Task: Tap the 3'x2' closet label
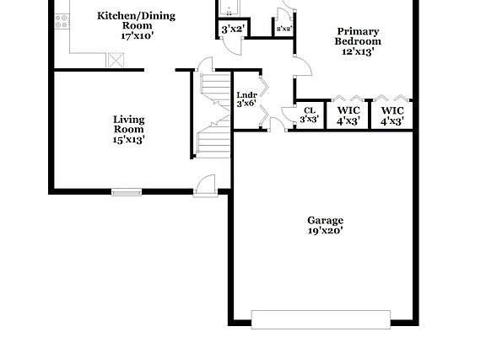pyautogui.click(x=233, y=29)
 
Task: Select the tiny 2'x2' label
pyautogui.click(x=284, y=29)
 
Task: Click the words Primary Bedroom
pyautogui.click(x=358, y=36)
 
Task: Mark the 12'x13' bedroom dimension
pyautogui.click(x=358, y=51)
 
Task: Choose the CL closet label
pyautogui.click(x=309, y=110)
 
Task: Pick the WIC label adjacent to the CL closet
pyautogui.click(x=348, y=110)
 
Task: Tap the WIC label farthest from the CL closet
pyautogui.click(x=392, y=110)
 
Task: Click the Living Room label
pyautogui.click(x=129, y=124)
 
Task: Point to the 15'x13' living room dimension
pyautogui.click(x=129, y=140)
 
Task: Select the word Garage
pyautogui.click(x=325, y=220)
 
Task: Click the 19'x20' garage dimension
pyautogui.click(x=325, y=230)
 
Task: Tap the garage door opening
pyautogui.click(x=321, y=319)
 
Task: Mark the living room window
pyautogui.click(x=127, y=192)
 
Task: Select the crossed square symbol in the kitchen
pyautogui.click(x=116, y=61)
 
